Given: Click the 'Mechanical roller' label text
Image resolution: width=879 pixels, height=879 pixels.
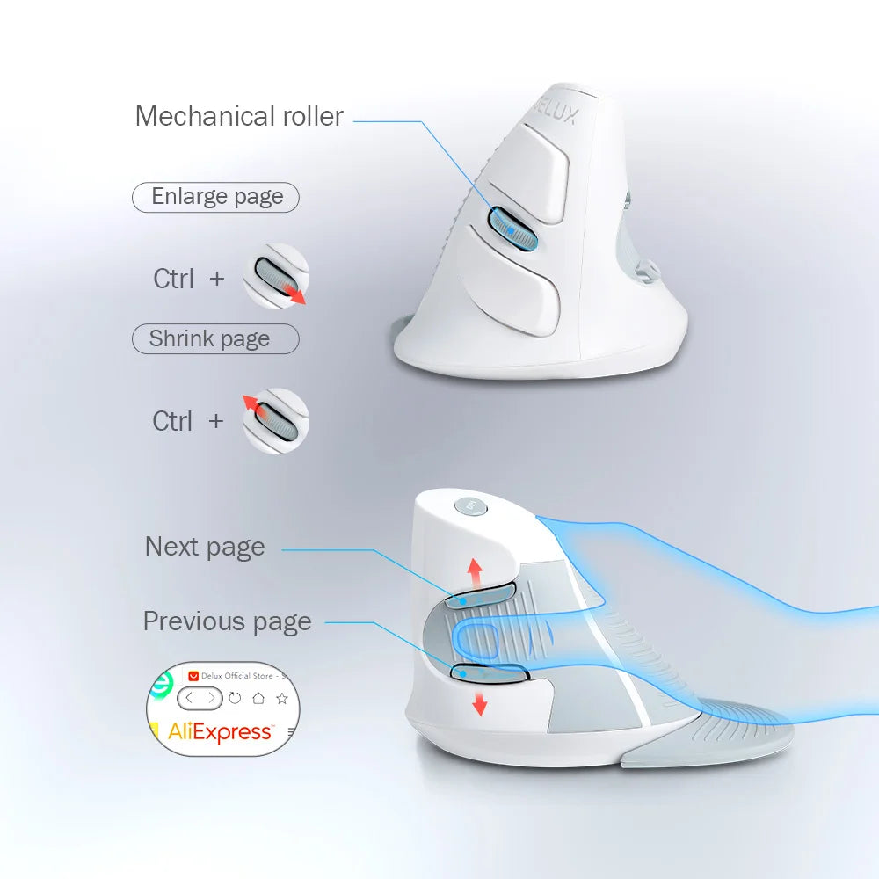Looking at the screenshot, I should coord(239,116).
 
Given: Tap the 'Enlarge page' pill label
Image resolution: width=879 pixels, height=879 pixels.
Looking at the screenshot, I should coord(216,197).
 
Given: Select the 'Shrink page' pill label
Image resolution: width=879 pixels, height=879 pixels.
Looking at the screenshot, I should coord(211,339).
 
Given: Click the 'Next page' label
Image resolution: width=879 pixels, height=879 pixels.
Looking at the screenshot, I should coord(205,547).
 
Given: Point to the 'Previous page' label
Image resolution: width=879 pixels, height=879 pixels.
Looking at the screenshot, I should coord(227,621).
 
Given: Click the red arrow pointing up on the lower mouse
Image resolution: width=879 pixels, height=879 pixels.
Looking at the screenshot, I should coord(475,571).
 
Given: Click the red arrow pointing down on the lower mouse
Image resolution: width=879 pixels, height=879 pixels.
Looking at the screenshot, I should coord(480,701).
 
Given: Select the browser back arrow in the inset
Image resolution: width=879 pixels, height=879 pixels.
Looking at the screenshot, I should coord(189,699).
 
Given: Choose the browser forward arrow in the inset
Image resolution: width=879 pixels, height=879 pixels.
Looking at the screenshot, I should coord(210,699).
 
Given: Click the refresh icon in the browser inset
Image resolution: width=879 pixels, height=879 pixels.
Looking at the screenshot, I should coord(235,699).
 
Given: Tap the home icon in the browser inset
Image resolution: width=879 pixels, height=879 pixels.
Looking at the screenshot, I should coord(258,699).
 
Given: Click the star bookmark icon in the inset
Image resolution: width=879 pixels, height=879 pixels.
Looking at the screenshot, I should coord(281,699).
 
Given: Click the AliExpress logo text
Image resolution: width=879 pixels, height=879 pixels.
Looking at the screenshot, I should coord(220,731).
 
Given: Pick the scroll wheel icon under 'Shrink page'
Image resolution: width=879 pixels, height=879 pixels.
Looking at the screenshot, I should coord(275,421).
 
